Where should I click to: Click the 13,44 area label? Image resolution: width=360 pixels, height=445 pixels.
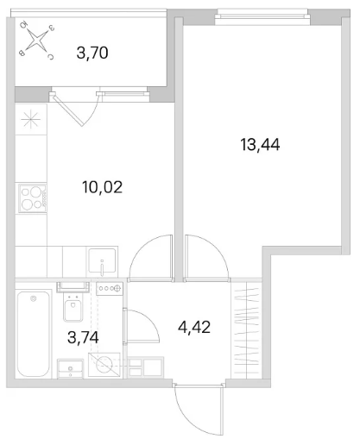click(x=260, y=145)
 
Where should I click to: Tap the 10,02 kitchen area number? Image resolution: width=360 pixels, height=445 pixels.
click(x=102, y=187)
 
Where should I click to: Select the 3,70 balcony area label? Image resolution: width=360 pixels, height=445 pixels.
click(x=92, y=53)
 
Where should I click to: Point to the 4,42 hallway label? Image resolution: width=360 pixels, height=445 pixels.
click(x=194, y=327)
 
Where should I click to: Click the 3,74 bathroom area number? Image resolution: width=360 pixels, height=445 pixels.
click(x=83, y=337)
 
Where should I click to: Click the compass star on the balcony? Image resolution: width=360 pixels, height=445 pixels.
click(x=37, y=41)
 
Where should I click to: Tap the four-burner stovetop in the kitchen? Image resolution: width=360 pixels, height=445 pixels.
click(x=32, y=198)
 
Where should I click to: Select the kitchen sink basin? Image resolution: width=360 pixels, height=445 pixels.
click(x=102, y=261)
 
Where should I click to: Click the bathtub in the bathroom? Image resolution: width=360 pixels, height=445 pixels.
click(x=33, y=334)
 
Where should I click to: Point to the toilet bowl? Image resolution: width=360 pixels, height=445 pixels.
click(x=73, y=306)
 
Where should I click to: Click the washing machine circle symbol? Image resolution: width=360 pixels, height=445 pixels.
click(x=104, y=365)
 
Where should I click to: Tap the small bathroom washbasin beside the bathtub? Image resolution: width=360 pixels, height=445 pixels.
click(x=71, y=369)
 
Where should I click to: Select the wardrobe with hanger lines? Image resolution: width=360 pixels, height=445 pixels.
click(x=246, y=330)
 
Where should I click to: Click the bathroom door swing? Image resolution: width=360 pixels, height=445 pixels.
click(x=141, y=326)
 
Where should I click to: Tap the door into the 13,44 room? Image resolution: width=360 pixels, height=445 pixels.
click(x=207, y=257)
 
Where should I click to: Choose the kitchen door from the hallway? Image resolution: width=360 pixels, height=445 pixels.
click(x=151, y=258)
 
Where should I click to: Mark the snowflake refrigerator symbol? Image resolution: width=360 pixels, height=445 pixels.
click(x=31, y=120)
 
